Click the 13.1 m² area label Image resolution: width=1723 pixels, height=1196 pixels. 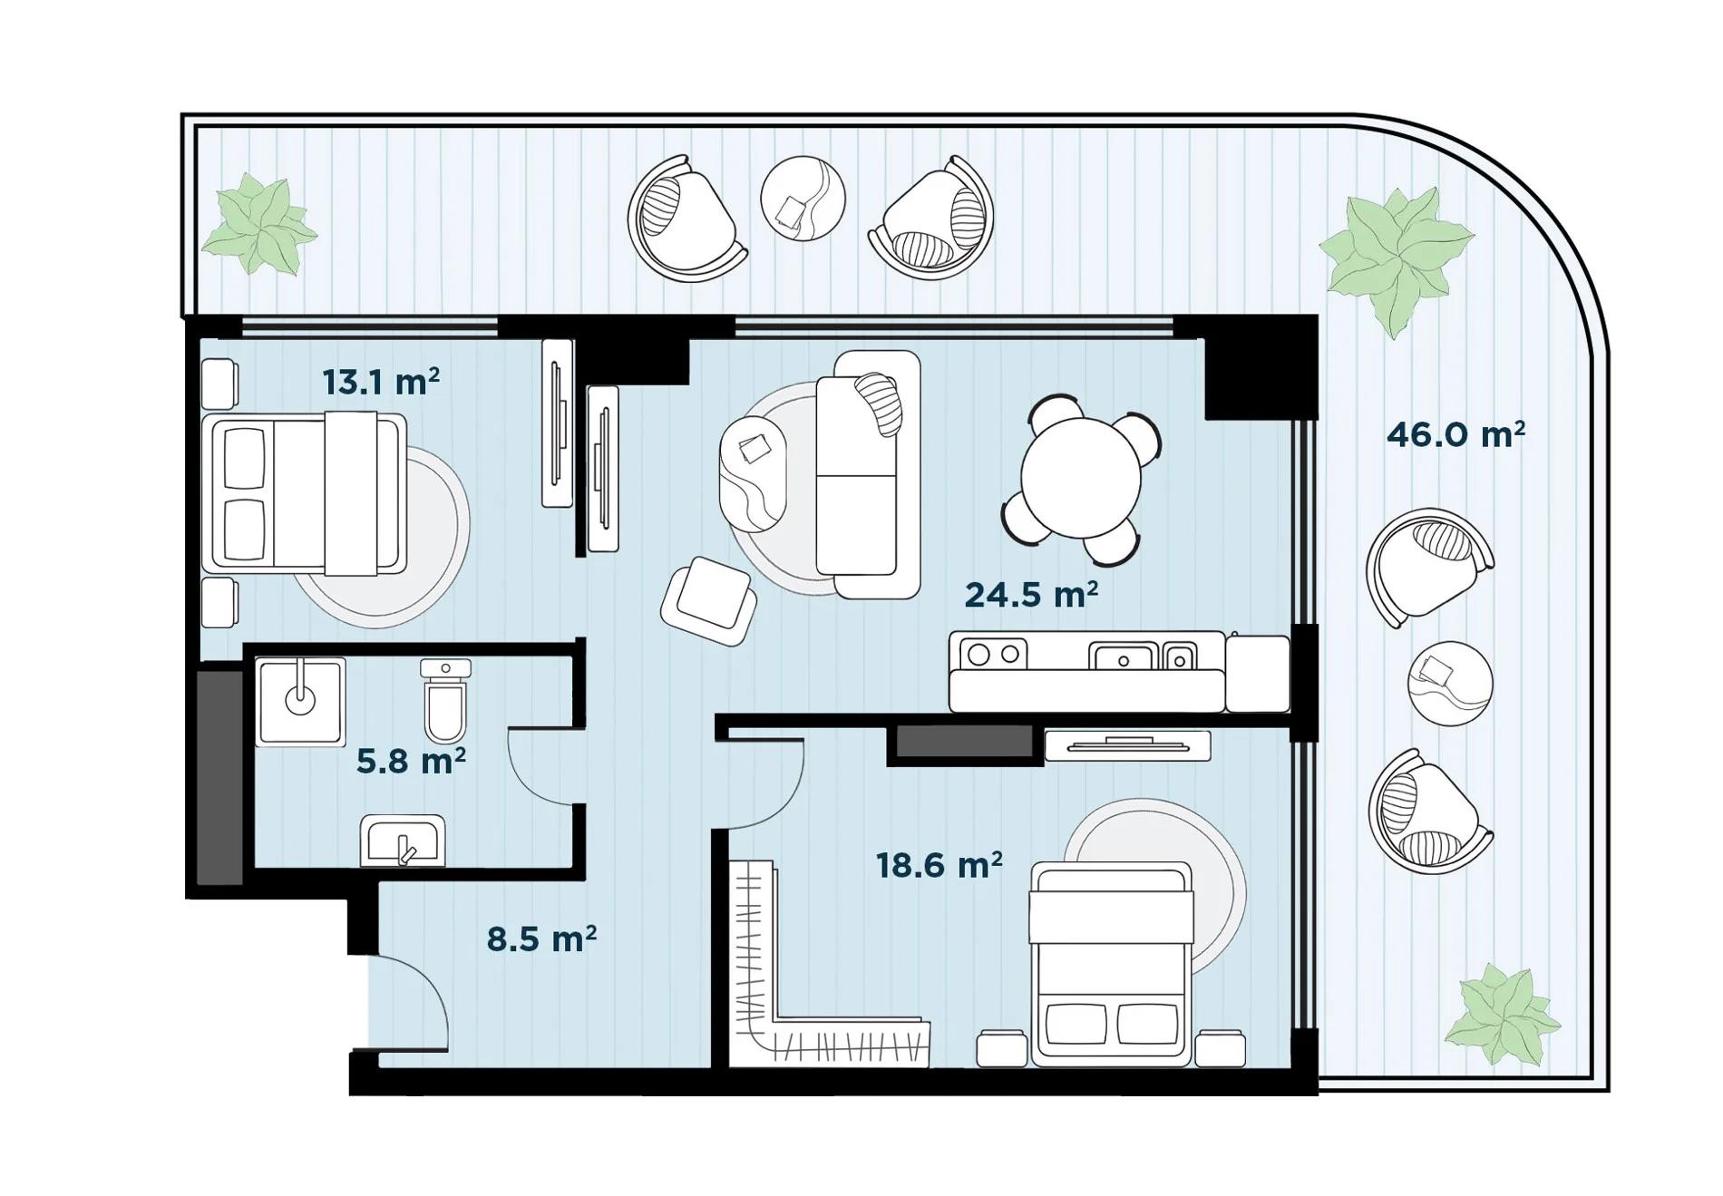click(381, 382)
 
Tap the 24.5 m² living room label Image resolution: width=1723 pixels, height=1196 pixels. click(1031, 594)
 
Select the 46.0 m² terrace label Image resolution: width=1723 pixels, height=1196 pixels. click(1455, 434)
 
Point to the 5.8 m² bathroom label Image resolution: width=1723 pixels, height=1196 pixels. click(411, 761)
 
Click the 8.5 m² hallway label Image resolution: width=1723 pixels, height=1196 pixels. click(541, 938)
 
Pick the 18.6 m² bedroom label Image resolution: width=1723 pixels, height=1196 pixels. click(939, 865)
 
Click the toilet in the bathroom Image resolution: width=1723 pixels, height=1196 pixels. click(445, 700)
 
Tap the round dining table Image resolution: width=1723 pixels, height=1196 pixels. click(1080, 478)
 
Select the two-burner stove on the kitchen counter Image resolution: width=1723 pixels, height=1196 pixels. click(993, 654)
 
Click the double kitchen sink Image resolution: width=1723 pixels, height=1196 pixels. click(1143, 656)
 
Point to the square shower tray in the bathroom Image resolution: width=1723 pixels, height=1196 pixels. click(300, 702)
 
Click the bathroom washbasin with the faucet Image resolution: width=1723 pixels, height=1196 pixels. click(403, 841)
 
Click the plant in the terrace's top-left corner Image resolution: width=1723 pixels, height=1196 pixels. click(259, 225)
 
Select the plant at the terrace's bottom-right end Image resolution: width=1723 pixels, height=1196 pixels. click(1502, 1015)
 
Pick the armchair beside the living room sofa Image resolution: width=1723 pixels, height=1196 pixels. click(709, 601)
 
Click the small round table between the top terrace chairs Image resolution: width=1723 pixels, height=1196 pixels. click(803, 199)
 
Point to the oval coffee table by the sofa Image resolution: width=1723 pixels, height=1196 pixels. click(753, 473)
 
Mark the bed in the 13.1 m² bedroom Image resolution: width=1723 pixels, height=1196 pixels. click(304, 494)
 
